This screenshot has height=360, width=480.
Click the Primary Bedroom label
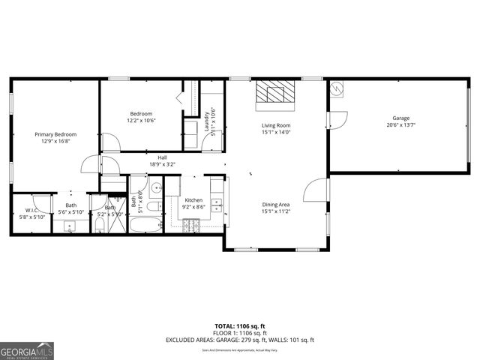click(x=55, y=134)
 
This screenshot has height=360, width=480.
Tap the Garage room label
click(x=400, y=118)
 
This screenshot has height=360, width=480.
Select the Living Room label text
click(x=276, y=125)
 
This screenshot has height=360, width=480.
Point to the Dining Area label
click(x=276, y=205)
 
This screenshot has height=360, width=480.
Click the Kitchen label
click(x=194, y=200)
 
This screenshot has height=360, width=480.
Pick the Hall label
click(x=162, y=157)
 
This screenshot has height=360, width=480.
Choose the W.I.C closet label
click(x=31, y=210)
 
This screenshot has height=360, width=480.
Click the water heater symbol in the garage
click(x=337, y=90)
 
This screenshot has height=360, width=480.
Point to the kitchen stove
click(x=191, y=223)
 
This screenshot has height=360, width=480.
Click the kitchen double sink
click(x=217, y=202)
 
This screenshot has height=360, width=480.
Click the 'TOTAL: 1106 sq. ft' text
click(x=240, y=325)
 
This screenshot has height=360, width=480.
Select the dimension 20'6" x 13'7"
click(x=400, y=125)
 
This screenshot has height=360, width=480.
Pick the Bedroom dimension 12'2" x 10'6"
click(x=140, y=121)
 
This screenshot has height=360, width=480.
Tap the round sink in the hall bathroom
click(x=157, y=188)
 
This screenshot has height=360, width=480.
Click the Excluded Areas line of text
click(x=240, y=340)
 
